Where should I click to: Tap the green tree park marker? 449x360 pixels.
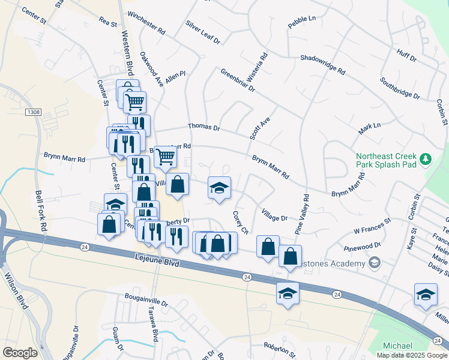pyautogui.click(x=426, y=158)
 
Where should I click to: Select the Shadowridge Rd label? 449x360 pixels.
pyautogui.click(x=323, y=65)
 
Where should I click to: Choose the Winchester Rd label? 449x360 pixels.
pyautogui.click(x=146, y=22)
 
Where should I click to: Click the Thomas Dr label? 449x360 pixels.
pyautogui.click(x=204, y=128)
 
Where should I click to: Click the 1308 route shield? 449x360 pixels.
pyautogui.click(x=33, y=112)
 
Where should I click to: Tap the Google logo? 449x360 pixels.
pyautogui.click(x=20, y=353)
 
